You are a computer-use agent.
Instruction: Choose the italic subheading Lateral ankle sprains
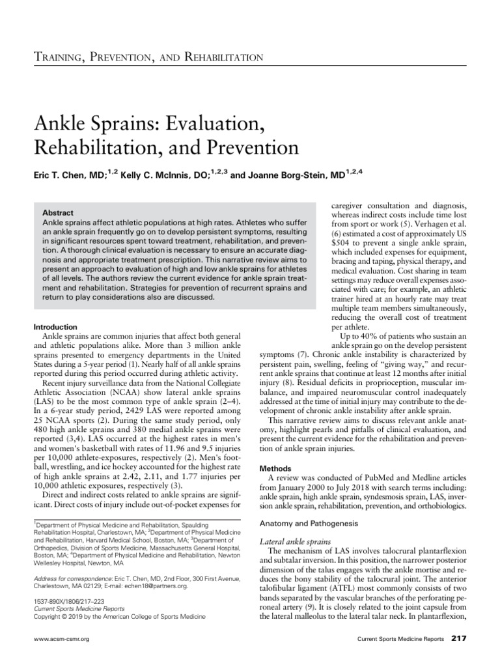pos(296,541)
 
